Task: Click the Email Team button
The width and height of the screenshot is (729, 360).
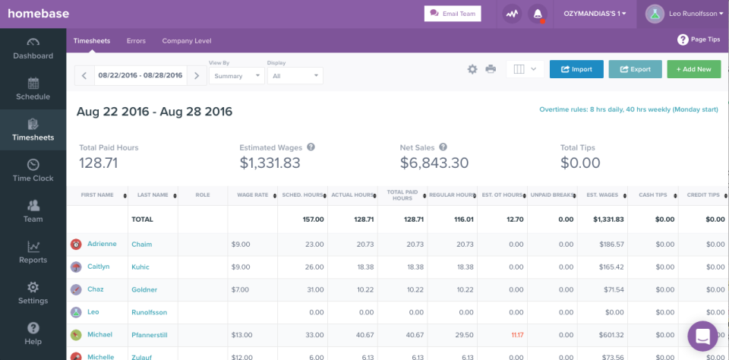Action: click(453, 13)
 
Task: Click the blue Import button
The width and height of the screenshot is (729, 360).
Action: click(576, 69)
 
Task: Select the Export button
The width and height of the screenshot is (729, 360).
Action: click(635, 69)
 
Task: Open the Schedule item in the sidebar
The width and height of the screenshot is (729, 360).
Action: click(33, 89)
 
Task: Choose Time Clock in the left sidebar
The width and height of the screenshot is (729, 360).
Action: click(33, 170)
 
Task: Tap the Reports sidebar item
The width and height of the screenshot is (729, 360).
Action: click(33, 252)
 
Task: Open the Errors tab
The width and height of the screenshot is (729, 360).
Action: click(136, 41)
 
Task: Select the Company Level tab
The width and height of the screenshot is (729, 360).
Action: click(187, 41)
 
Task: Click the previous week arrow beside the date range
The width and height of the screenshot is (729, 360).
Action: click(84, 75)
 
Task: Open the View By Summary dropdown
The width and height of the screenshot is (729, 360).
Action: click(236, 76)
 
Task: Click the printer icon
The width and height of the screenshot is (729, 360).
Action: click(491, 69)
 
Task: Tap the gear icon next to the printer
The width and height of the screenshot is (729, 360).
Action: click(472, 69)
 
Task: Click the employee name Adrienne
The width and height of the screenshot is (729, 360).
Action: click(102, 245)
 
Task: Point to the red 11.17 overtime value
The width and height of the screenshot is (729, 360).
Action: click(517, 335)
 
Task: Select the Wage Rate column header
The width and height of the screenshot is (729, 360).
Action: click(253, 195)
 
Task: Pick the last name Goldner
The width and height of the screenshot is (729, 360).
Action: click(144, 289)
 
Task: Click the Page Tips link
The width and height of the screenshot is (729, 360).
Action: click(699, 39)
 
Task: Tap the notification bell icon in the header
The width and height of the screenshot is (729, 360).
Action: click(538, 14)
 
